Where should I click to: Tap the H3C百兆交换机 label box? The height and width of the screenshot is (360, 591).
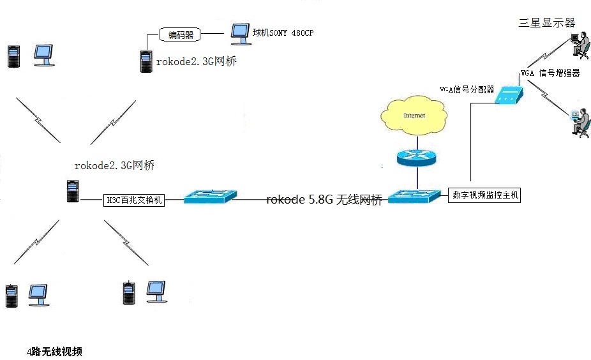coord(134,200)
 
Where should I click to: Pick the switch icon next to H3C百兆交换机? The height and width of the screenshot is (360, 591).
coord(210,197)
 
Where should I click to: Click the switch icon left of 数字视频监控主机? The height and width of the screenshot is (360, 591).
coord(414,196)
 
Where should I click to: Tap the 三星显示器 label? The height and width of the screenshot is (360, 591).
coord(547,23)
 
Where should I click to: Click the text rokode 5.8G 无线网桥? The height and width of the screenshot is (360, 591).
coord(324,200)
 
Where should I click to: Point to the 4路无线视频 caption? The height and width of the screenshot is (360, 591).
coord(54,352)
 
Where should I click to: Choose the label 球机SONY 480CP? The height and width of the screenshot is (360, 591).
coord(283,33)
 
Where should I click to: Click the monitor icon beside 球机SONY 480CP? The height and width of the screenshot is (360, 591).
coord(240,33)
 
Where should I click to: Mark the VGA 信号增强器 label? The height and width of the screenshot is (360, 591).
coord(550,73)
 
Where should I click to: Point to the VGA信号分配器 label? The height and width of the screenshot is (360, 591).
coord(467,89)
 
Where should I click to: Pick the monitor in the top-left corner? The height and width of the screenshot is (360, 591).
coord(44,55)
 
